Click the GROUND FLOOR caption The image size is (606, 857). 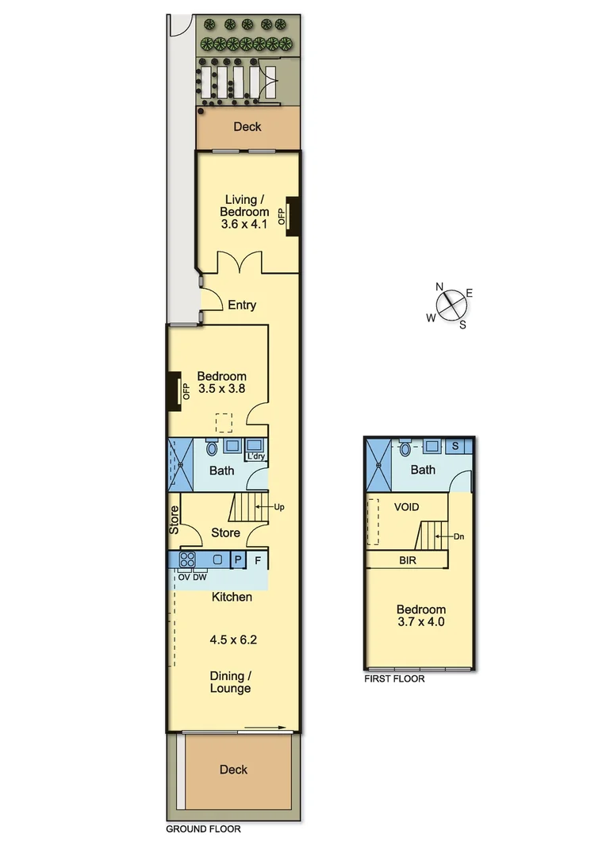(202, 829)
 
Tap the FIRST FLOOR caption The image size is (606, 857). (394, 678)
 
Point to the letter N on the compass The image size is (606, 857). (439, 287)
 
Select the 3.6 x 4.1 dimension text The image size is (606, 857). (246, 224)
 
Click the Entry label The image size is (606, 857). (242, 305)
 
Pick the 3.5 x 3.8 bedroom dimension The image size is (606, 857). (221, 389)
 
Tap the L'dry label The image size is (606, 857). (255, 456)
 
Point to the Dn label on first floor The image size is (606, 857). (459, 536)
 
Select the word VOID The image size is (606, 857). (406, 506)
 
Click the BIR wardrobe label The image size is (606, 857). (408, 560)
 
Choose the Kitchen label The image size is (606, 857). (232, 596)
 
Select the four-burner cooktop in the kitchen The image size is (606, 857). (188, 559)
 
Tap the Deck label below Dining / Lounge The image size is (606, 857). (233, 769)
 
